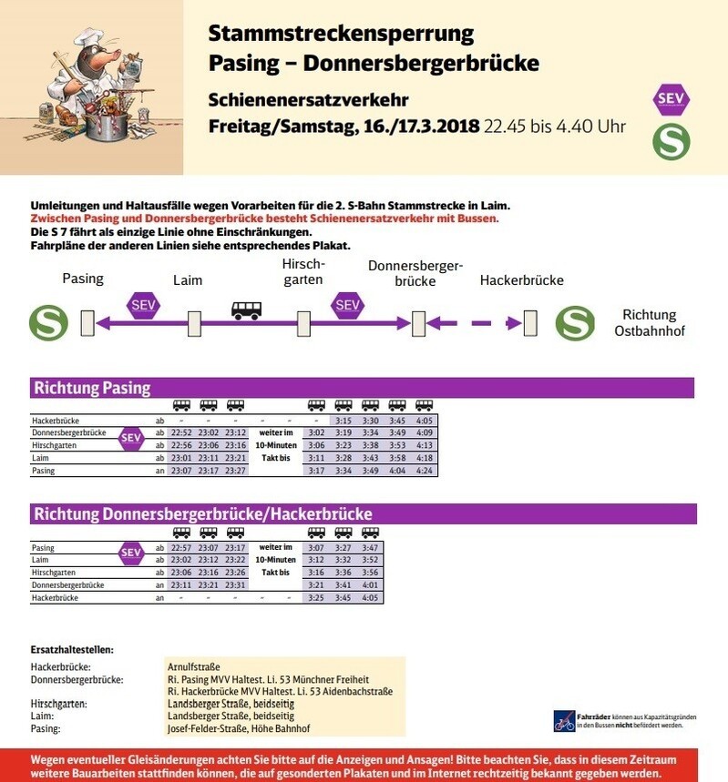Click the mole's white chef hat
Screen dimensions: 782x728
(x=87, y=38)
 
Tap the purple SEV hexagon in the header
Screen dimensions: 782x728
(x=672, y=99)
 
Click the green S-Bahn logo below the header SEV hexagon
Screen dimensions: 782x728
(x=672, y=141)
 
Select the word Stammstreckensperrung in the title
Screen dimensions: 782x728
(x=341, y=35)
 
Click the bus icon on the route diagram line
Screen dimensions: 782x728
(x=246, y=310)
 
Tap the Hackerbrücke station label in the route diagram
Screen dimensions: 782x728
(x=521, y=280)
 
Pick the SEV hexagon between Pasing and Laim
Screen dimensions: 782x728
(x=143, y=305)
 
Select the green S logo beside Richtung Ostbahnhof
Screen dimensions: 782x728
(x=575, y=323)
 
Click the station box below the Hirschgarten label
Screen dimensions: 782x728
(x=303, y=323)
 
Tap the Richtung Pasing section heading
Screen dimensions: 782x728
(x=92, y=388)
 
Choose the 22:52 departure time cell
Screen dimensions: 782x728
(x=181, y=432)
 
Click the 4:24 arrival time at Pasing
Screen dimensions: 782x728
(x=425, y=471)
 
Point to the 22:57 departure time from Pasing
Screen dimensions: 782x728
(x=181, y=548)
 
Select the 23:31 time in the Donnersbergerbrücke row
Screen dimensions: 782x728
(x=236, y=584)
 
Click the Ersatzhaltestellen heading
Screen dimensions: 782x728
(x=72, y=650)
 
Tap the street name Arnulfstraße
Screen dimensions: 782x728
(x=194, y=667)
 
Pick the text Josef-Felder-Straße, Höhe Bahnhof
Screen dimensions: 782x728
(x=239, y=728)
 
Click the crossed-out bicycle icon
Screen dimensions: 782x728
(x=564, y=721)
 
